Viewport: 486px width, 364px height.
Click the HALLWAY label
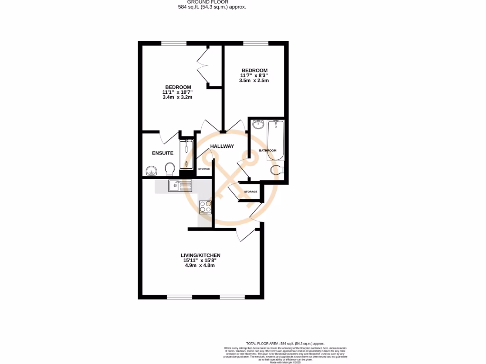pyautogui.click(x=222, y=146)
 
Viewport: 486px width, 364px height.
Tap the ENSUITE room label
pyautogui.click(x=162, y=153)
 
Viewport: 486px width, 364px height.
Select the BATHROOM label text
pyautogui.click(x=267, y=151)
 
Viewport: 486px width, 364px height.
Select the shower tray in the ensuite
pyautogui.click(x=187, y=154)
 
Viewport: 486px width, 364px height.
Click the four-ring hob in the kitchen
pyautogui.click(x=206, y=207)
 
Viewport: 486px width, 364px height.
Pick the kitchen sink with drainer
pyautogui.click(x=180, y=186)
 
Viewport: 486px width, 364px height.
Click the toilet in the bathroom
pyautogui.click(x=277, y=170)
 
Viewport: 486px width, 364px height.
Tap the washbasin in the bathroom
pyautogui.click(x=258, y=125)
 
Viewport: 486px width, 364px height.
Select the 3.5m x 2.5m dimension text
pyautogui.click(x=254, y=81)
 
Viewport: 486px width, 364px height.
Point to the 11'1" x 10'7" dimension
pyautogui.click(x=177, y=92)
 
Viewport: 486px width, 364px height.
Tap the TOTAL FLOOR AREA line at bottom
pyautogui.click(x=285, y=344)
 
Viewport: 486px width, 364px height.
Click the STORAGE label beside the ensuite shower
pyautogui.click(x=204, y=169)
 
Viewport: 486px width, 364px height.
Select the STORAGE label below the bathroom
pyautogui.click(x=250, y=191)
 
